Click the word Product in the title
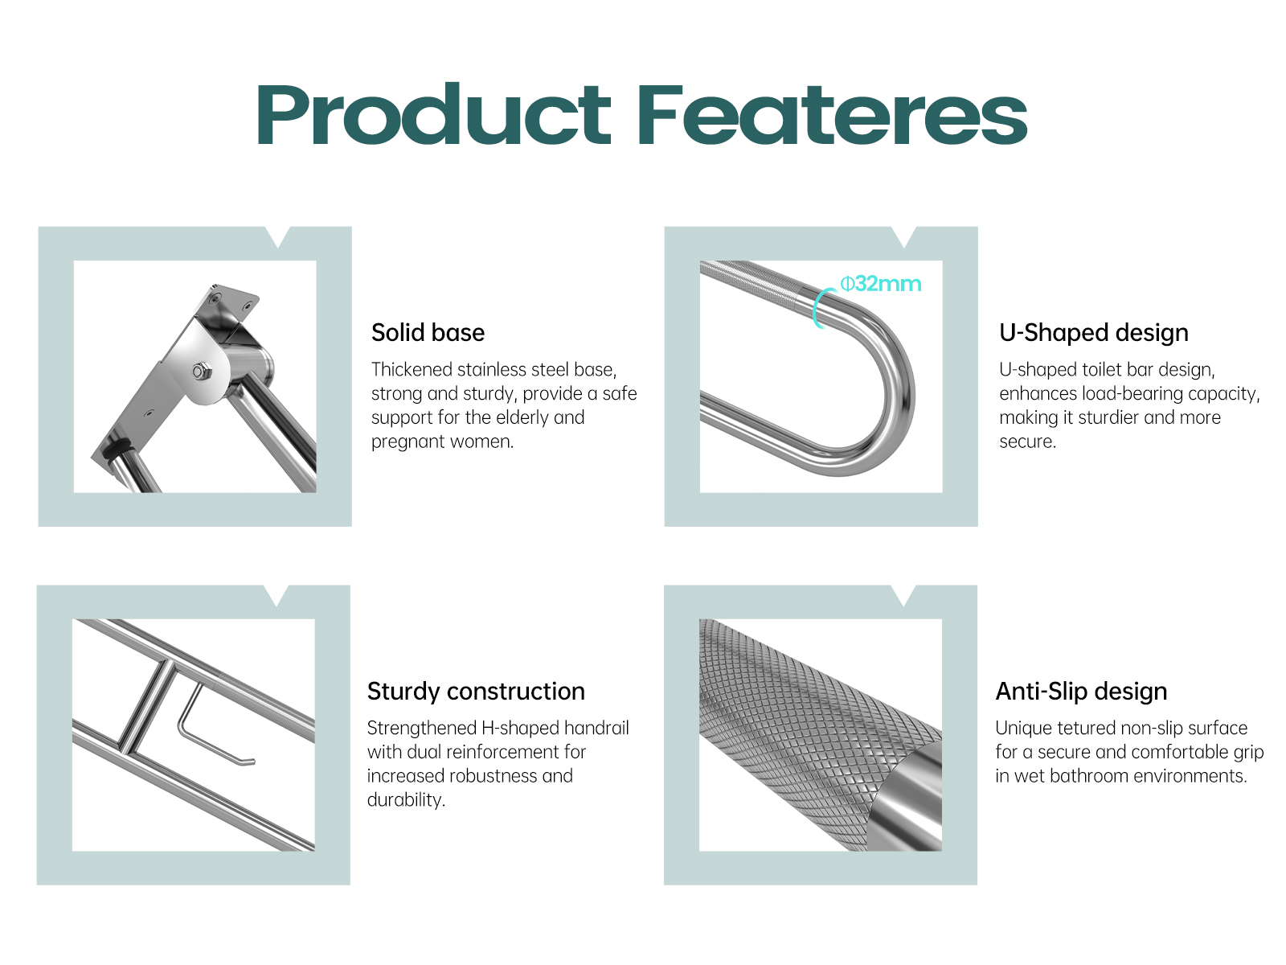tap(433, 113)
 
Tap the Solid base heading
tap(428, 332)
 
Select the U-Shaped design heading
tap(1094, 333)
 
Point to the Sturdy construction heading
tap(476, 692)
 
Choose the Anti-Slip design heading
tap(1081, 692)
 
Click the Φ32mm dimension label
tap(881, 284)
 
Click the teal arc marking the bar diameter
tap(818, 307)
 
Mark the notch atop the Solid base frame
tap(278, 236)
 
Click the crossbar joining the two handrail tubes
tap(147, 706)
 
